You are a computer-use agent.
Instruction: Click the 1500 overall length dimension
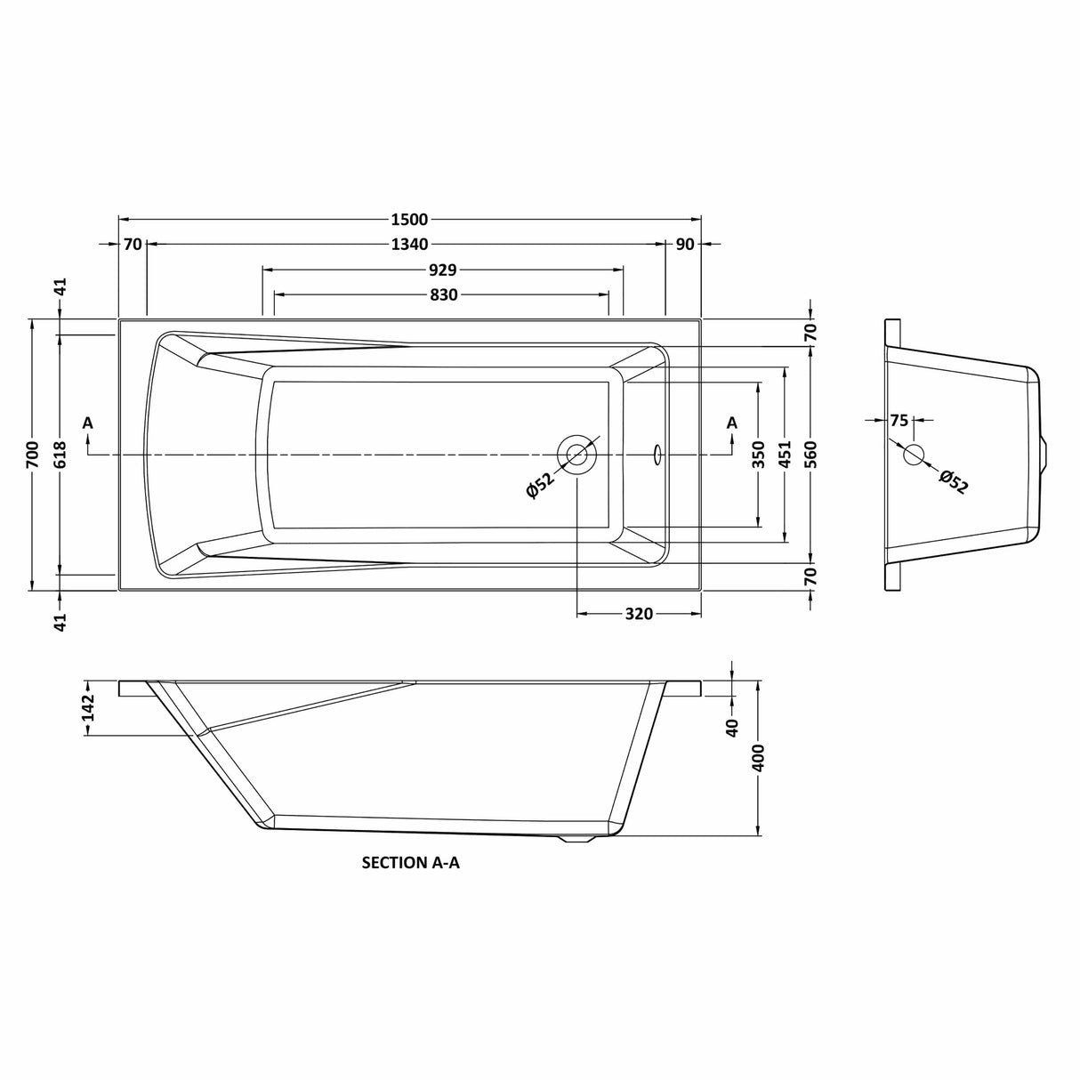pos(409,220)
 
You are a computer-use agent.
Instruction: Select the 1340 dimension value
pos(409,245)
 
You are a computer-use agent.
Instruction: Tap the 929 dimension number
pos(442,270)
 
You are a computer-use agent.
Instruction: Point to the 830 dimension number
pos(442,294)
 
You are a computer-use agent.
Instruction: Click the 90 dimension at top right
pos(684,245)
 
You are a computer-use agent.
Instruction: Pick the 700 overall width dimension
pos(33,455)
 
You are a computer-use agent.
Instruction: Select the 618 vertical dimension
pos(60,455)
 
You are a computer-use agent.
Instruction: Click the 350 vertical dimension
pos(757,455)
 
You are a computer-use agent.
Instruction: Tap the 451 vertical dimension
pos(784,455)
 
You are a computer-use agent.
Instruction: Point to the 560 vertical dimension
pos(810,455)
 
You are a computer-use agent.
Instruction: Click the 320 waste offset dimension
pos(639,614)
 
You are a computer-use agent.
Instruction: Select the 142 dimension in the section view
pos(88,708)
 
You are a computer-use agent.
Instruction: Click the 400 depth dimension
pos(758,758)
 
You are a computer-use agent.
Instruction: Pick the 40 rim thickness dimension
pos(731,728)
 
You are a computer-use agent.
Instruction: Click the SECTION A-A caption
pos(410,862)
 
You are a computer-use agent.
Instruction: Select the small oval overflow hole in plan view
pos(657,455)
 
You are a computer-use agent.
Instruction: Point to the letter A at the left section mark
pos(87,423)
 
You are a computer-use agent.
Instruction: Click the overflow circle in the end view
pos(914,455)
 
